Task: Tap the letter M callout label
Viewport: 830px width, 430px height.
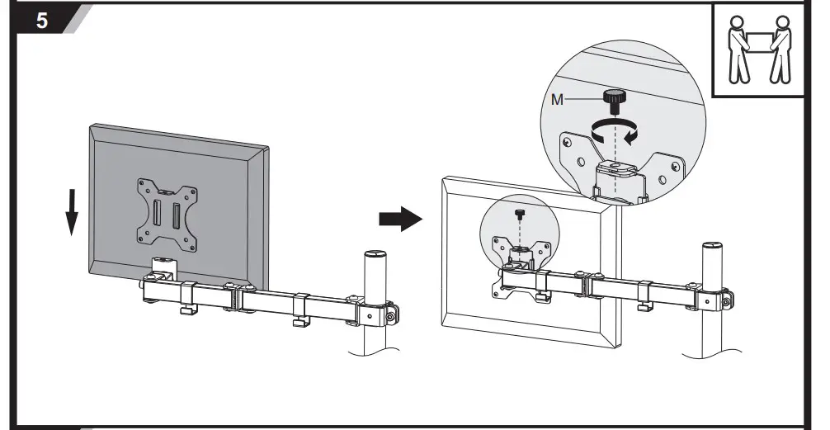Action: pyautogui.click(x=558, y=98)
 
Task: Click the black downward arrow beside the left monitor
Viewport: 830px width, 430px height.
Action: pyautogui.click(x=72, y=211)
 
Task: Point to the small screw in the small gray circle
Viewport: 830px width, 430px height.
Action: pyautogui.click(x=518, y=215)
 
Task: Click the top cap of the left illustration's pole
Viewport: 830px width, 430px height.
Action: pyautogui.click(x=375, y=255)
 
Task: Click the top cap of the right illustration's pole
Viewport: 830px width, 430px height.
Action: pyautogui.click(x=713, y=248)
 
